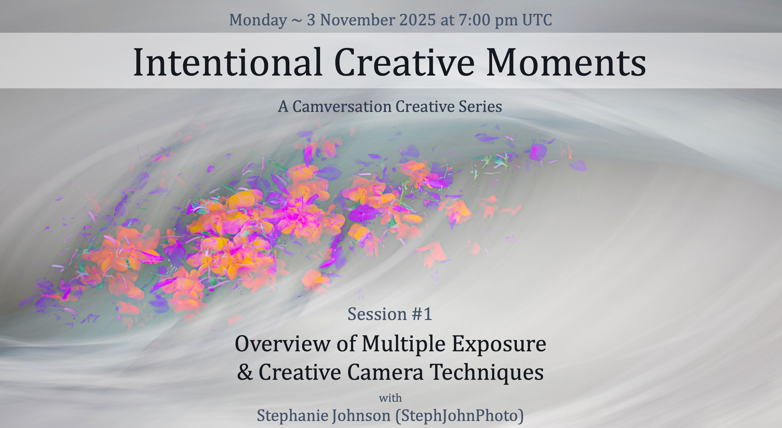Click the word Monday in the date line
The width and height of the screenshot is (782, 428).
tap(258, 20)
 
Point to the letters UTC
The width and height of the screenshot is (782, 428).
tap(537, 20)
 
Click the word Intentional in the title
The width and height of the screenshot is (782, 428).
tap(228, 62)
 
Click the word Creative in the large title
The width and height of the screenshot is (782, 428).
tap(404, 62)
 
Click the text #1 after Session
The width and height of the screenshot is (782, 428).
tap(422, 314)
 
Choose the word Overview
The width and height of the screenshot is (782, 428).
tap(282, 344)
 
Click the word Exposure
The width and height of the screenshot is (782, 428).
tap(499, 344)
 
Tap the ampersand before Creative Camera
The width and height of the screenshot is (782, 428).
tap(245, 372)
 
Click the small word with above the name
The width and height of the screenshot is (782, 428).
tap(390, 398)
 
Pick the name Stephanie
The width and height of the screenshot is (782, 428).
tap(293, 416)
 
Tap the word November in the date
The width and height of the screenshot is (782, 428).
tap(357, 20)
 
